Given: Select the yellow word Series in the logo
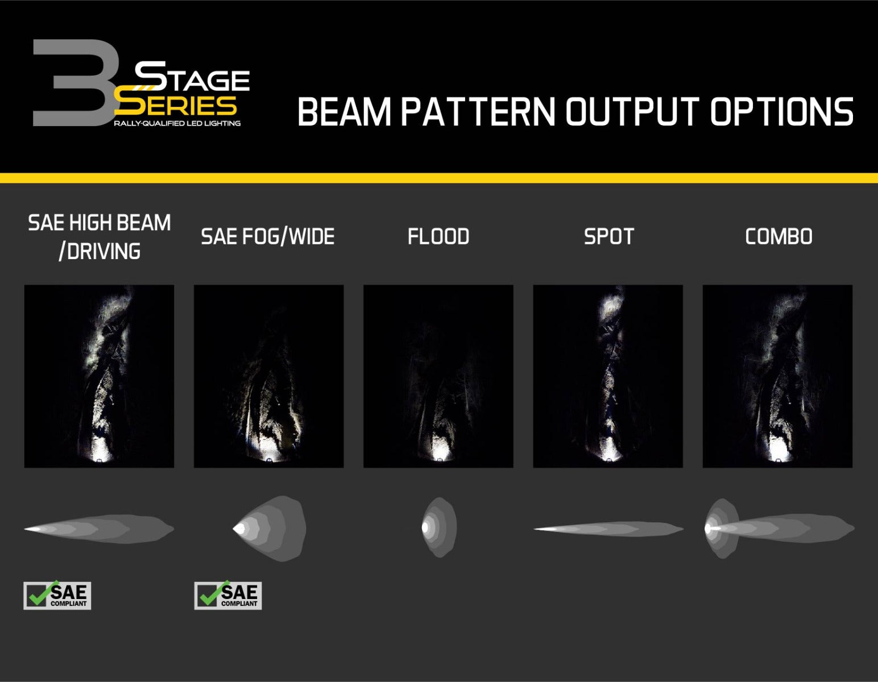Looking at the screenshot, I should coord(176,105).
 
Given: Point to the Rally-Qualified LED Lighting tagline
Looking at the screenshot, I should coord(177,123).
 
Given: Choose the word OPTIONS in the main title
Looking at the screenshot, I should coord(781,111).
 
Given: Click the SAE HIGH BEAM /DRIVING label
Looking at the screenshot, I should coord(100,236).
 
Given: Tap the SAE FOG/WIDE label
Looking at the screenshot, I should coord(268,236).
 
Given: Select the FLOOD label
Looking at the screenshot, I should coord(438,236).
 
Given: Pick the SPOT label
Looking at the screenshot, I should coord(608,236).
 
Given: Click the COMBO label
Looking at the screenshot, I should coord(778,236).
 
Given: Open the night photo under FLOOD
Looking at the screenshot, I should coord(438,376).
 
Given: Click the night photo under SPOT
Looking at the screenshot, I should coord(608,376).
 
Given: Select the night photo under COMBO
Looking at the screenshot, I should coord(777,376).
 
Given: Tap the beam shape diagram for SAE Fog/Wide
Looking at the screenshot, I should coord(271,528).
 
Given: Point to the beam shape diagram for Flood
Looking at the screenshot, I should coord(439,527).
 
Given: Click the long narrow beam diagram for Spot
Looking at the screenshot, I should coord(608,529).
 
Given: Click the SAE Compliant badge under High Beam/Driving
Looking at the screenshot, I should coord(57,596).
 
